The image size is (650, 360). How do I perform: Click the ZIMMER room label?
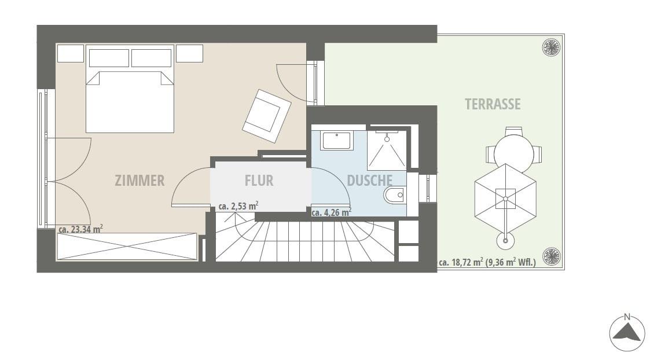(x=139, y=181)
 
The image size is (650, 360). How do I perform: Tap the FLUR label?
(x=259, y=181)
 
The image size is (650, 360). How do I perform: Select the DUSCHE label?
(x=369, y=181)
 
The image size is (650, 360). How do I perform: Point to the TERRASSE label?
(x=493, y=104)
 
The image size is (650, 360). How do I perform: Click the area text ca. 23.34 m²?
(x=81, y=229)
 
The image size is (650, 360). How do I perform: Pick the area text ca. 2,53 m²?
(x=239, y=205)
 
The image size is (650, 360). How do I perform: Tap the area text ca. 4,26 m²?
(x=332, y=212)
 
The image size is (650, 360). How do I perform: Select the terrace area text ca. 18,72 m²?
(x=461, y=262)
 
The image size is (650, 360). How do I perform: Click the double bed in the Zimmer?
(x=130, y=102)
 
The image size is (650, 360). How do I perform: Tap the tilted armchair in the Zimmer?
(x=267, y=116)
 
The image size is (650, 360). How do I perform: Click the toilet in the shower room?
(x=395, y=195)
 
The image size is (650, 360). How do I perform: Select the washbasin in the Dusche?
(x=337, y=141)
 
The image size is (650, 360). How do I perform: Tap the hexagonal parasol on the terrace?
(x=506, y=199)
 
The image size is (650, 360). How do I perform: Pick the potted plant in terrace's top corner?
(x=552, y=47)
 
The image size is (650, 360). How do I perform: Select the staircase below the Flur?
(x=305, y=241)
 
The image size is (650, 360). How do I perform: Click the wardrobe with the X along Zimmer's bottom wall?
(x=127, y=247)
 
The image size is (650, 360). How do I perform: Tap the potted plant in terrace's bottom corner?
(x=552, y=256)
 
